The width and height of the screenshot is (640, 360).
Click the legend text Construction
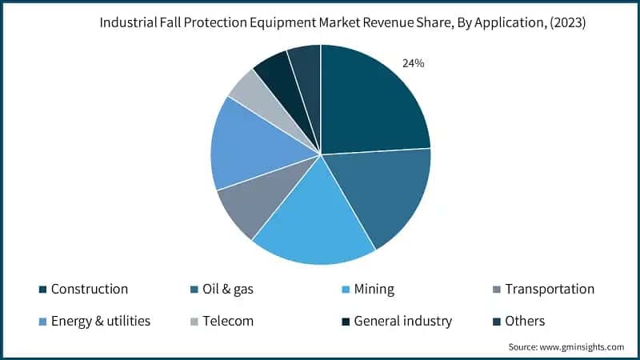[x=89, y=289]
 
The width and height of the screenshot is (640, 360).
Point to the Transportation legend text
[x=549, y=289]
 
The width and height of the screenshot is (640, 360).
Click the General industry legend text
[x=403, y=321]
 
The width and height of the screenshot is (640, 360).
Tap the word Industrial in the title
[x=127, y=23]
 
